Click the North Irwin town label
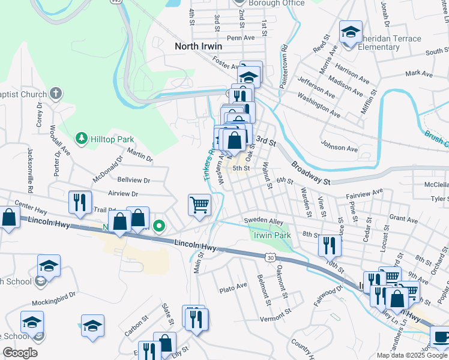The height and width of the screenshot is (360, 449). pos(198,46)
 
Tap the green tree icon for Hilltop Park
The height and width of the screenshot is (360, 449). pos(81,139)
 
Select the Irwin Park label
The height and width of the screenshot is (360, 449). pos(272,235)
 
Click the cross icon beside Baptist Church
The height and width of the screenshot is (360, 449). pos(55,94)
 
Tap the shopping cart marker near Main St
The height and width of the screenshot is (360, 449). pos(200,205)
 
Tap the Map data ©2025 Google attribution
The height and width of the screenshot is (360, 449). pos(411,355)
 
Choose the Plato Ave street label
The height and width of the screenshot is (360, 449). pos(234,287)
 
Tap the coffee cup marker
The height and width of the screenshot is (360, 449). pos(441,338)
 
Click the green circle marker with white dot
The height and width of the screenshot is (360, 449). pos(159,226)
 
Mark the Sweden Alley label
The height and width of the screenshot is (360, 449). pos(263,221)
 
